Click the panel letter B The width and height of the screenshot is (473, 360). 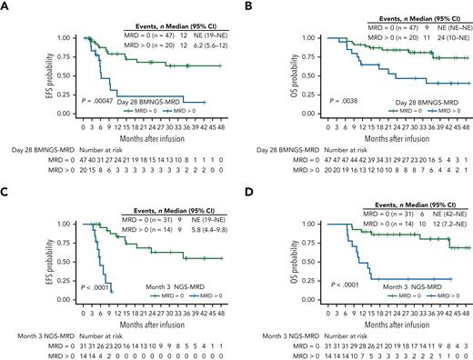[244, 7]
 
